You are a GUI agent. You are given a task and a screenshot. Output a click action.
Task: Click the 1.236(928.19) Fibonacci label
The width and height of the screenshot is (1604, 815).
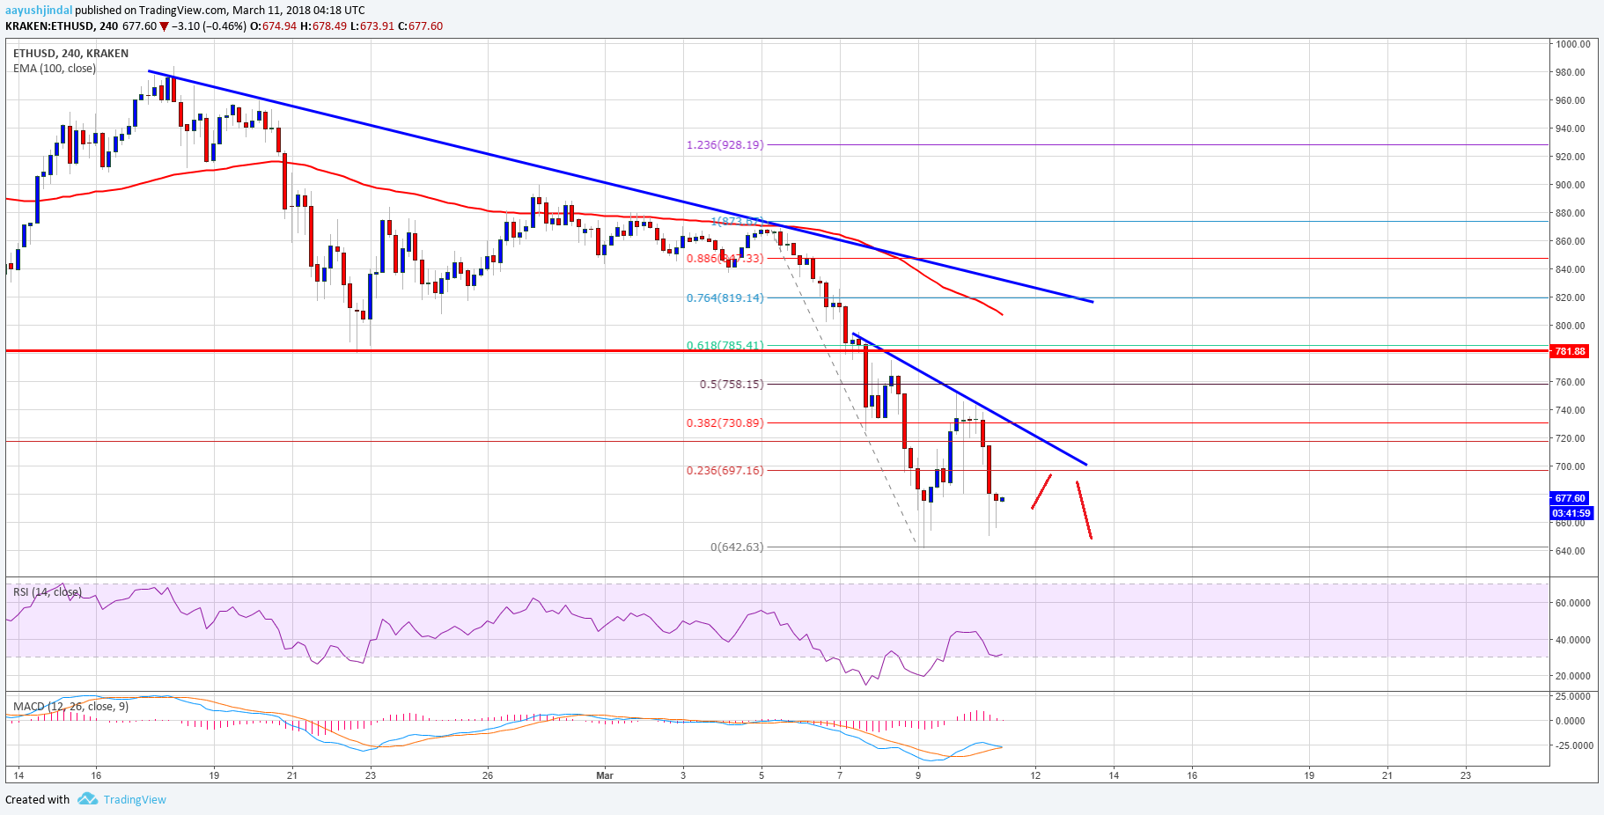coord(725,144)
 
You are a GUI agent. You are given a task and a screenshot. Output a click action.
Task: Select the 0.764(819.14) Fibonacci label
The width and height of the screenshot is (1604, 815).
coord(725,297)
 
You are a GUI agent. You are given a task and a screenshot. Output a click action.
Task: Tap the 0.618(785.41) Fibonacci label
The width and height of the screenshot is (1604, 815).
coord(725,345)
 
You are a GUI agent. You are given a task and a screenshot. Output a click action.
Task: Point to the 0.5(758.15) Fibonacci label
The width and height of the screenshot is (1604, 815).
coord(732,384)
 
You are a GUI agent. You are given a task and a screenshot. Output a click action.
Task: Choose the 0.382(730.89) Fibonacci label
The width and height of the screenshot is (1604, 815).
coord(725,422)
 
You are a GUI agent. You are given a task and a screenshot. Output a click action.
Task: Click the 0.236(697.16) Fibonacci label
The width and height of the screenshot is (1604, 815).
coord(725,470)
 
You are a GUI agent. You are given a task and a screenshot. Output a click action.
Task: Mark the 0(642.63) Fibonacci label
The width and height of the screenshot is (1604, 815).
coord(737,547)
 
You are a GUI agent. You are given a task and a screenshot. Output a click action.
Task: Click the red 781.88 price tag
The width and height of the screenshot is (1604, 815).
coord(1570,351)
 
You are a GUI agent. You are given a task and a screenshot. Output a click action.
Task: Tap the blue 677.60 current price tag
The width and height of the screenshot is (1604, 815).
coord(1570,498)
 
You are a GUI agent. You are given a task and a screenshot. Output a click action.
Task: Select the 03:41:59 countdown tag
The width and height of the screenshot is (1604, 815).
coord(1571,513)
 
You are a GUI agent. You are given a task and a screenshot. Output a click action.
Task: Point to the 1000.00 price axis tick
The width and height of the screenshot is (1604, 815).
coord(1572,44)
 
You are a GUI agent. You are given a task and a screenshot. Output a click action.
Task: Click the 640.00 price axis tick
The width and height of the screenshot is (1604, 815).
coord(1571,551)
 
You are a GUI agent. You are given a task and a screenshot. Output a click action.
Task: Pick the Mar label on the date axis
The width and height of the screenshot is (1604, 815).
coord(605,775)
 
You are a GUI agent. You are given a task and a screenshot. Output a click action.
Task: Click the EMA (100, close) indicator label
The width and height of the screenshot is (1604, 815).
coord(55,69)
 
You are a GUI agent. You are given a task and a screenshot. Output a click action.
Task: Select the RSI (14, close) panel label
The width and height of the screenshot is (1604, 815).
coord(48,592)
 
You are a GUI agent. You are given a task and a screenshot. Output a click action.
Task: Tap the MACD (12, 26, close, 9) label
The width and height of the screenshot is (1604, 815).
coord(70,706)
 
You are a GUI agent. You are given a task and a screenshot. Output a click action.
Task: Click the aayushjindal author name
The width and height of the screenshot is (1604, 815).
coord(39,11)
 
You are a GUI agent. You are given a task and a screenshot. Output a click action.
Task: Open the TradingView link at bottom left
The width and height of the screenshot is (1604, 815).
coord(134,799)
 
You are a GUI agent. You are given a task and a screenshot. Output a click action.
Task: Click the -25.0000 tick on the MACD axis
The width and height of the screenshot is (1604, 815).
coord(1572,745)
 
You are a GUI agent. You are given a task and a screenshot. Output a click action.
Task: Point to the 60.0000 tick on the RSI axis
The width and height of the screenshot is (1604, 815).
coord(1572,603)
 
